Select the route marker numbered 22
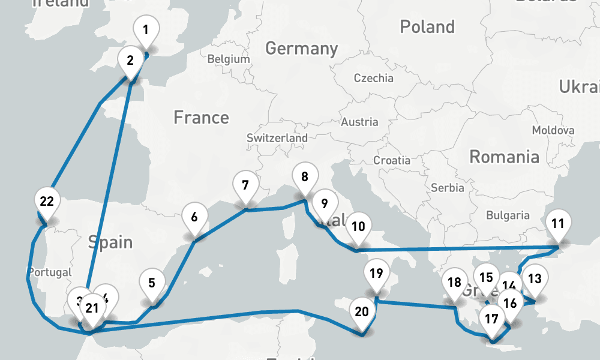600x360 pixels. tap(47, 201)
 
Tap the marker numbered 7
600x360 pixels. tap(245, 185)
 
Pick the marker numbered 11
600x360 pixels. tap(558, 224)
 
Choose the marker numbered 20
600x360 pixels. tap(362, 311)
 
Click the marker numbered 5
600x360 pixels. tap(152, 283)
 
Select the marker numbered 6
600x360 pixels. tap(194, 217)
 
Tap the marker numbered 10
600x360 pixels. tap(358, 227)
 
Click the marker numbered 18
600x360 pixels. tap(454, 283)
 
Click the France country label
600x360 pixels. tap(201, 117)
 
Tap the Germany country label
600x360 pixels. tap(301, 48)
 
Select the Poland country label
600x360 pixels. tap(427, 27)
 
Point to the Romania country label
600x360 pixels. tap(504, 157)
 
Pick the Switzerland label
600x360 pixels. tap(277, 138)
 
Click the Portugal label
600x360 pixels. tap(49, 272)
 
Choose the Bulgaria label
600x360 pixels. tap(508, 215)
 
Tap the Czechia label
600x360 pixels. tap(373, 78)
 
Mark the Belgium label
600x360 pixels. tap(228, 59)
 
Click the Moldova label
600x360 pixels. tap(553, 130)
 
